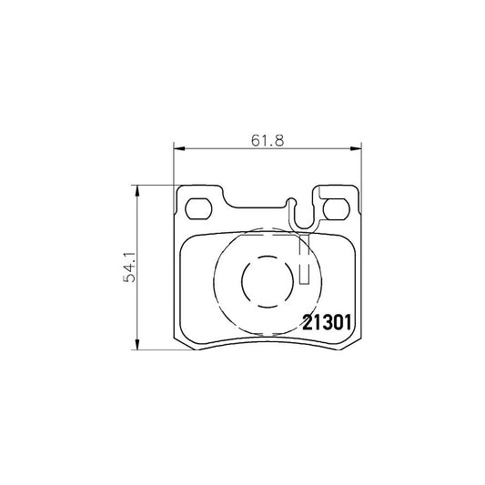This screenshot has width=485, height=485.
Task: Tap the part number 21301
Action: pos(326,323)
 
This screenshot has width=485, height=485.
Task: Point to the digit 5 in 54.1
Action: pos(130,279)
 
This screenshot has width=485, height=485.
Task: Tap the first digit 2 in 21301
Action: pos(307,323)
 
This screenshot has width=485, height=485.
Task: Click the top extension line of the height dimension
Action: pos(155,186)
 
